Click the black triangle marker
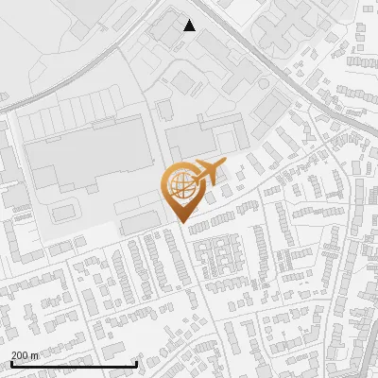[189, 26]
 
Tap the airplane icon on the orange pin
[210, 172]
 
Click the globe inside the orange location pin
[180, 184]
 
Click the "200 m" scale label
[25, 354]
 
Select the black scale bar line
[74, 364]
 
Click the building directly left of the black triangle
[163, 31]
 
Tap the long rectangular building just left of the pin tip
[140, 221]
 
